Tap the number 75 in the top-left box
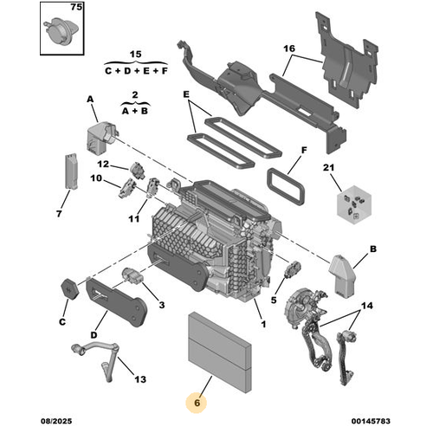click(x=77, y=7)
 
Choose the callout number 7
click(x=59, y=212)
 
